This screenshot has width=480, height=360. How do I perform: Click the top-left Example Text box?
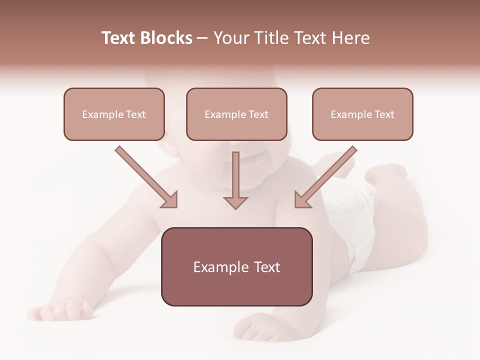click(114, 114)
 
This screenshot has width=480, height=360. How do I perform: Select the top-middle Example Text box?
click(236, 114)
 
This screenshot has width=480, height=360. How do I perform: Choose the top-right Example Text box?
click(362, 114)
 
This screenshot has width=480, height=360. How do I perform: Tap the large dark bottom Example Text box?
click(236, 266)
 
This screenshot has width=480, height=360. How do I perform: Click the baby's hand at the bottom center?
click(260, 327)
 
